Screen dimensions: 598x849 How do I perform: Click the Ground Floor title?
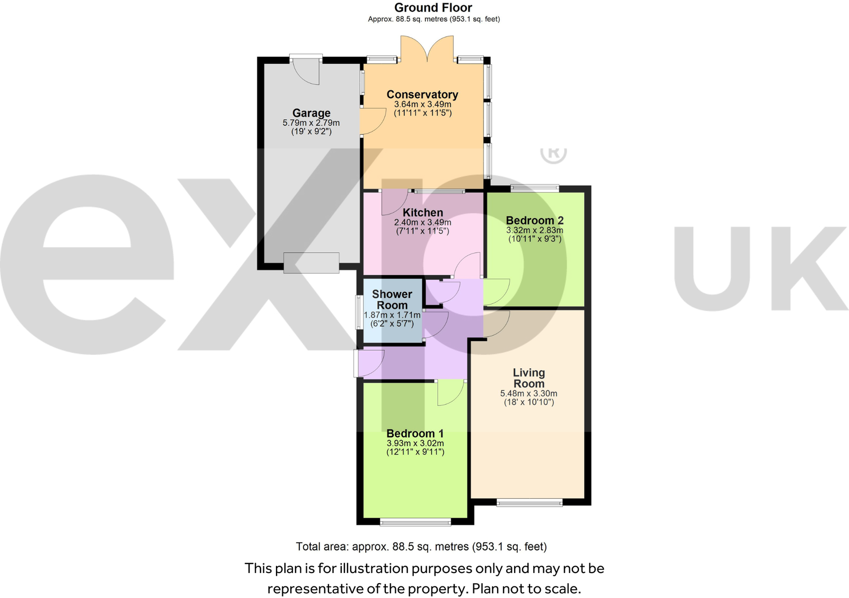(x=433, y=8)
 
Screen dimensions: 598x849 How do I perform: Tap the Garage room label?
(x=311, y=113)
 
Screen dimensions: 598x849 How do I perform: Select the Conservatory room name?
(x=422, y=94)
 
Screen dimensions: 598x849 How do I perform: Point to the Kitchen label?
(x=422, y=213)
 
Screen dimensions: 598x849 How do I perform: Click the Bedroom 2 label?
(x=534, y=220)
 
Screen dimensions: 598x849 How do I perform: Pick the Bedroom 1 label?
(x=415, y=434)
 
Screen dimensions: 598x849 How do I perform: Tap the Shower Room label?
(x=392, y=300)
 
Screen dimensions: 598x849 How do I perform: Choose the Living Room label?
(x=529, y=378)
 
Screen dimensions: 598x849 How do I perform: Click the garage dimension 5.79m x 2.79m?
(x=311, y=123)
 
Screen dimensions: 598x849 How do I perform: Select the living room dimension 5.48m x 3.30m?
(x=529, y=394)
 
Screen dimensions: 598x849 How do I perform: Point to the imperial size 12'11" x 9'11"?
(x=415, y=452)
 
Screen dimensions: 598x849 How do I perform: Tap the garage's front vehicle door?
(x=311, y=263)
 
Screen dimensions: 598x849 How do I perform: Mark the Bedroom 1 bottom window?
(x=415, y=523)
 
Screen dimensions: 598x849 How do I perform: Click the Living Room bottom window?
(x=529, y=502)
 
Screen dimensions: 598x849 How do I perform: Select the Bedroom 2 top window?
(x=534, y=187)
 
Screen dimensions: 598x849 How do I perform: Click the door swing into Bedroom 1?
(x=450, y=393)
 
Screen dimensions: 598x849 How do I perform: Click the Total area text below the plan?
(x=421, y=547)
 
